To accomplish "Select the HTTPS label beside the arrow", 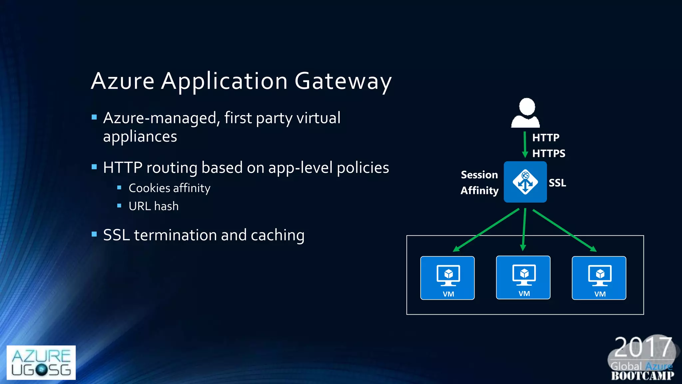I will [548, 153].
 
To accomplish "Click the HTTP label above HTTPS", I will [545, 137].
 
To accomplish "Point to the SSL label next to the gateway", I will [557, 183].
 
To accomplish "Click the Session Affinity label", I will [480, 182].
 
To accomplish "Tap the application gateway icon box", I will [525, 182].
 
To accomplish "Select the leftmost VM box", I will [447, 278].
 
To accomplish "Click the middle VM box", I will [523, 277].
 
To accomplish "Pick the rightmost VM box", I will [599, 278].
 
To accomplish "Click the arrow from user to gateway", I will [525, 144].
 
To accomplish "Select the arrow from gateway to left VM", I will [486, 230].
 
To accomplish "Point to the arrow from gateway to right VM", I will [564, 230].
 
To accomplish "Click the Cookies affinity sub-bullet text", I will [170, 188].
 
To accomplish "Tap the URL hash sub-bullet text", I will [154, 206].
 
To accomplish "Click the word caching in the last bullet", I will [277, 235].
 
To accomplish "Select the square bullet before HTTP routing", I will [94, 167].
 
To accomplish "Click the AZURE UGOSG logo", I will [41, 362].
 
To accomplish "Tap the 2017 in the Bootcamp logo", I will [642, 347].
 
